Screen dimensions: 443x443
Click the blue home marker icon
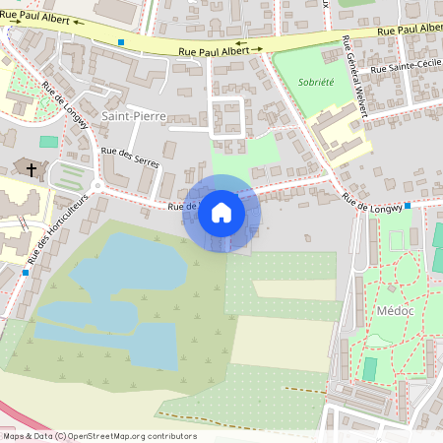pyautogui.click(x=221, y=213)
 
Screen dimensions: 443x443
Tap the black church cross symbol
pyautogui.click(x=31, y=170)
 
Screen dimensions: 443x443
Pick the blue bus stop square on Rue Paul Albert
pyautogui.click(x=121, y=41)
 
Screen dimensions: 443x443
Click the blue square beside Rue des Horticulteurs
pyautogui.click(x=26, y=272)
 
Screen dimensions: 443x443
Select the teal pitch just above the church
pyautogui.click(x=48, y=142)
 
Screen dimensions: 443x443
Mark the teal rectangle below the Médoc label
pyautogui.click(x=370, y=368)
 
